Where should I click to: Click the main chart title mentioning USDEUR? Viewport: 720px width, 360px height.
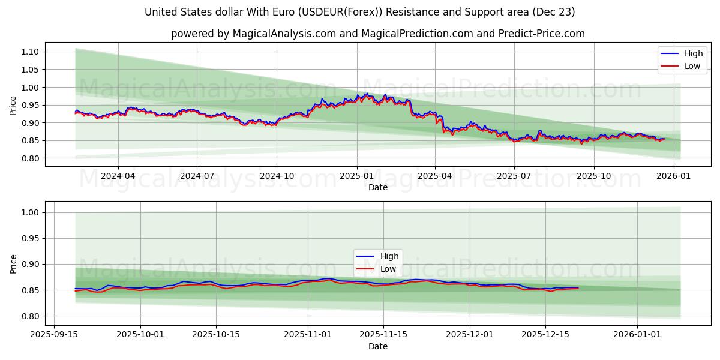[359, 12]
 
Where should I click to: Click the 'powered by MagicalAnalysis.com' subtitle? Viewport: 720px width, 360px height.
[377, 34]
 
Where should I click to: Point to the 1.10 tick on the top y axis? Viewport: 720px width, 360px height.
[29, 52]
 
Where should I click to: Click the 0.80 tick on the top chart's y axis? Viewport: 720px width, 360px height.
[29, 158]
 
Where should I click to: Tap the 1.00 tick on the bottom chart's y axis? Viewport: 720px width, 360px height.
[29, 212]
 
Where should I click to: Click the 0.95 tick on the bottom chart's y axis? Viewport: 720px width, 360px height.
[29, 238]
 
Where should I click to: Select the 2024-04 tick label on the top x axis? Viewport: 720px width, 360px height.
[118, 176]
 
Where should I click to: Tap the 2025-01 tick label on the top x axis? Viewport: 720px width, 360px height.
[357, 176]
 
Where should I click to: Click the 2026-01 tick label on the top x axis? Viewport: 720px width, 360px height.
[673, 176]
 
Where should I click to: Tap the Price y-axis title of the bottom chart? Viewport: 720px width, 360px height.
[13, 263]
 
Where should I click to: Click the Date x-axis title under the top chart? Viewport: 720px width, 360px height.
[377, 187]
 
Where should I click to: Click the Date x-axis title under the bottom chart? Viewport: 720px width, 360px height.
[377, 346]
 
